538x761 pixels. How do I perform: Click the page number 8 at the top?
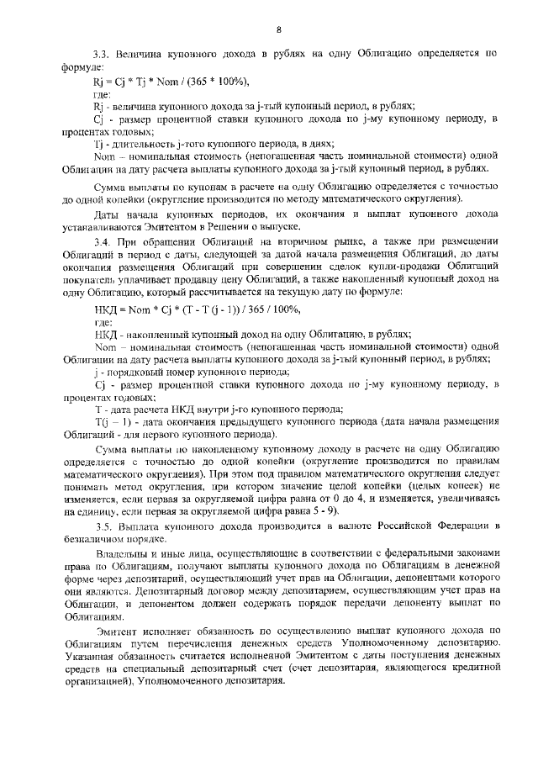coord(279,31)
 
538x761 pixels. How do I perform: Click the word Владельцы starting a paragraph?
coord(124,557)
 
